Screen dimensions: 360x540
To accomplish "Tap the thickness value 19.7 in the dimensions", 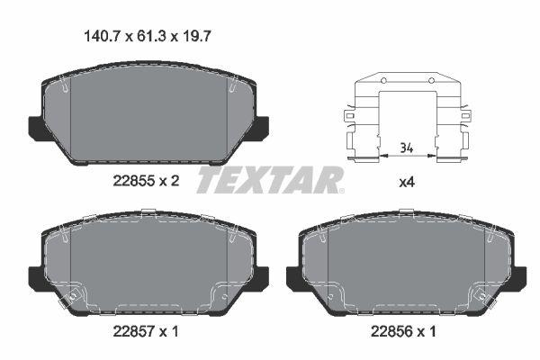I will (193, 37).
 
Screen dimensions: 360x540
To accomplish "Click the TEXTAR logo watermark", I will (270, 179).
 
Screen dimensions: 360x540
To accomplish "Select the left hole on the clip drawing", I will (383, 83).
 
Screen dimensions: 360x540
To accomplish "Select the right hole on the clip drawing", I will (430, 83).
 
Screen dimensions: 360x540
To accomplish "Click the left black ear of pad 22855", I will (33, 128).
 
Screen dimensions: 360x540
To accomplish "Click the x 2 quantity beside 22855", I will (170, 181).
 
